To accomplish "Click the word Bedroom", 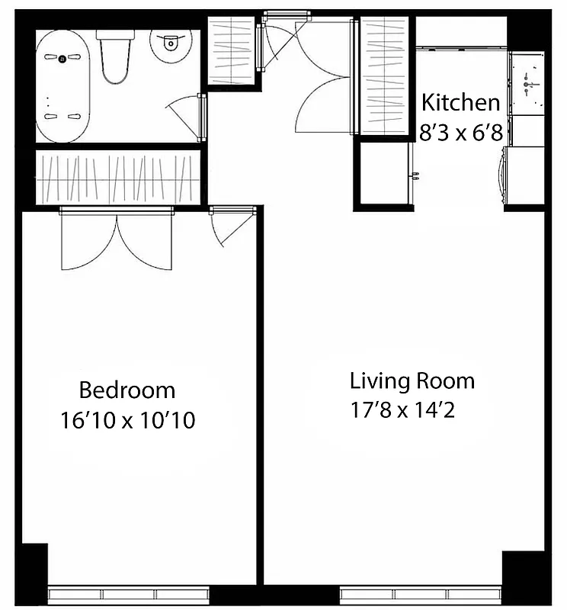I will tap(127, 390).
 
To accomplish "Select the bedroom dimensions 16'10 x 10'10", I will tap(127, 420).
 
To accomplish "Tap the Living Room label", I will tap(412, 380).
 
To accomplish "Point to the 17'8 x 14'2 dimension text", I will tap(403, 409).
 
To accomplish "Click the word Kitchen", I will tap(461, 102).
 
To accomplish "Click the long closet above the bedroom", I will tap(117, 177).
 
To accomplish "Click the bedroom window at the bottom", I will tap(128, 595).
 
